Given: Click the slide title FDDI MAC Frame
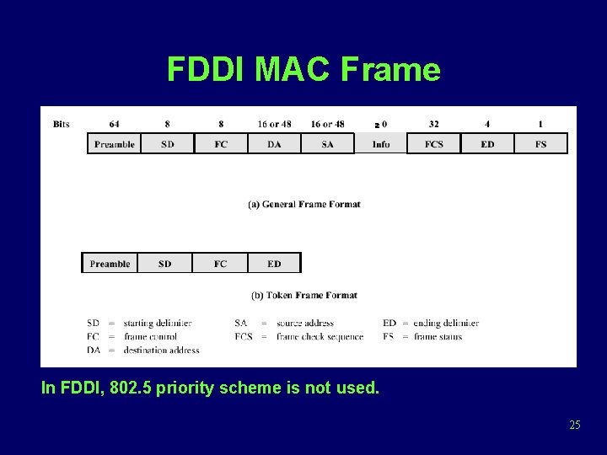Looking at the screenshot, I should tap(303, 69).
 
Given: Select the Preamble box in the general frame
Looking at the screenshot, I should tap(114, 144).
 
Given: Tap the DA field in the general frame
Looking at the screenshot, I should tap(274, 144).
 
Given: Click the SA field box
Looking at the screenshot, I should tap(327, 144).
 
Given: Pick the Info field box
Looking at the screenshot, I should tap(381, 144).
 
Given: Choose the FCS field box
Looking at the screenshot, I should tap(433, 144).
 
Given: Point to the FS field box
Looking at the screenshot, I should tap(540, 144).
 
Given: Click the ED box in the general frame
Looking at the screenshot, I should tap(487, 144).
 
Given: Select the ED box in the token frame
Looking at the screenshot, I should tap(274, 264).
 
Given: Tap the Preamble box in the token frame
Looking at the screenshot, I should tap(110, 264).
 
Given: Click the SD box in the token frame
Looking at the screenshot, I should tap(164, 264).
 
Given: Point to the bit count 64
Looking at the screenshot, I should tap(114, 125).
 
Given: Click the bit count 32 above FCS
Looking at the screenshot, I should tap(433, 125).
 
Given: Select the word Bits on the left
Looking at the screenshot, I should tap(62, 125).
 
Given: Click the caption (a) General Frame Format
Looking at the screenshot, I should tap(304, 204).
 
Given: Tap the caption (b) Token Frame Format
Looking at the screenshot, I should tap(304, 295).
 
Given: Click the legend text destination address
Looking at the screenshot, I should tap(161, 351).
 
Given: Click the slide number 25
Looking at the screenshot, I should tap(575, 425).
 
